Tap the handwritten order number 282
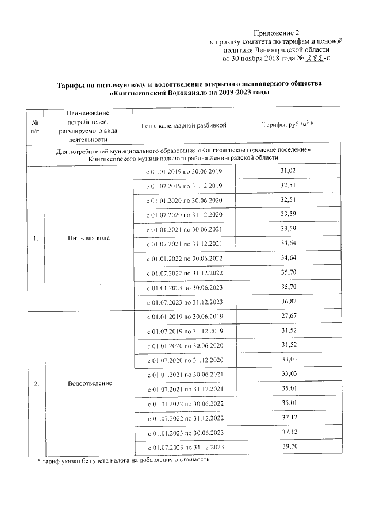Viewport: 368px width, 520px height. pos(314,58)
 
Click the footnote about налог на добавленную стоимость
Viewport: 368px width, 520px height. pos(120,460)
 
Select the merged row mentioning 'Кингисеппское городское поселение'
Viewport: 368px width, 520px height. pos(183,153)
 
